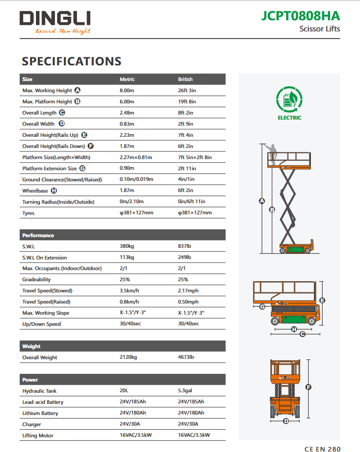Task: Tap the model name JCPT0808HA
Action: (301, 16)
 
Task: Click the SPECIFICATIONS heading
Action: (71, 61)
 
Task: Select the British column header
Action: (185, 80)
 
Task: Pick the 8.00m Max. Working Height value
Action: (127, 91)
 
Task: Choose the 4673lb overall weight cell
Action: (186, 358)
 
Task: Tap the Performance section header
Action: (38, 236)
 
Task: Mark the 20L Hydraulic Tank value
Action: (124, 391)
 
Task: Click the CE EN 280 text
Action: (323, 449)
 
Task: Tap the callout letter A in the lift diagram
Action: (262, 201)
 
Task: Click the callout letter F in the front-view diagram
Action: (308, 387)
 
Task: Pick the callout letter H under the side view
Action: (294, 329)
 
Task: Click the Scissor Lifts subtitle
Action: (319, 29)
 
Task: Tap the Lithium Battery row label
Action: (41, 413)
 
